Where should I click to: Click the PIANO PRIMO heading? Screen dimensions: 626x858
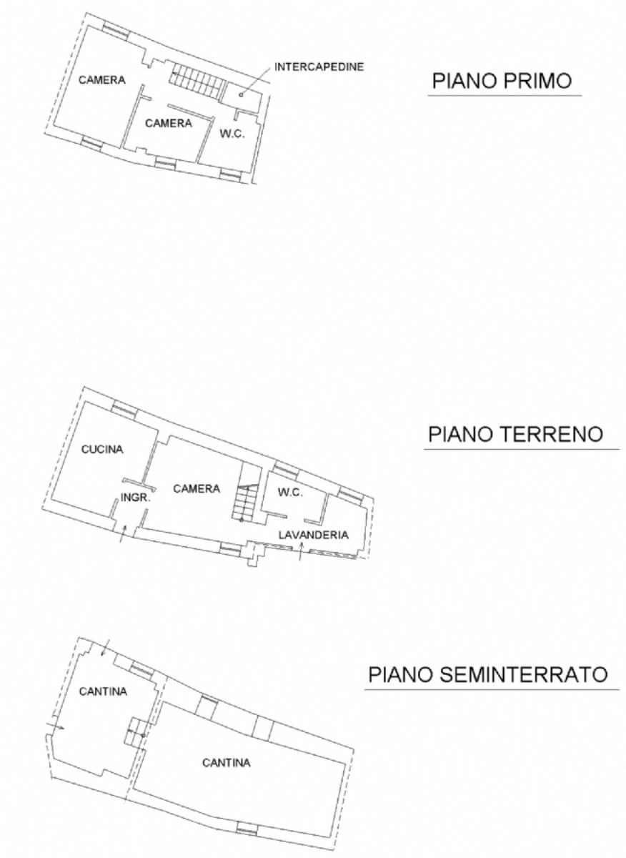502,81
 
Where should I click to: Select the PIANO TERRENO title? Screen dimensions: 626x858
515,435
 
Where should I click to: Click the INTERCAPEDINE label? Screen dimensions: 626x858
319,66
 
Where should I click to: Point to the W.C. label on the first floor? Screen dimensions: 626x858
232,134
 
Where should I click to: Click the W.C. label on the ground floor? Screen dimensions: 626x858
290,492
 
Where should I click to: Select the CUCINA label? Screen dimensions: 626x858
102,449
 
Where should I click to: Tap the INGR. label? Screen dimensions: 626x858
135,498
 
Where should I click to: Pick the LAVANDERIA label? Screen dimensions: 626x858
314,535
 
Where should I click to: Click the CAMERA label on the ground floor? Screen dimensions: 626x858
197,488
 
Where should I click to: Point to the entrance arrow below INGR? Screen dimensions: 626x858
122,533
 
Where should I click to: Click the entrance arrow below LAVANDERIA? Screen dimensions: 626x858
301,551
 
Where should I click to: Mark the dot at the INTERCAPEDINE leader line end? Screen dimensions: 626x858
241,95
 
